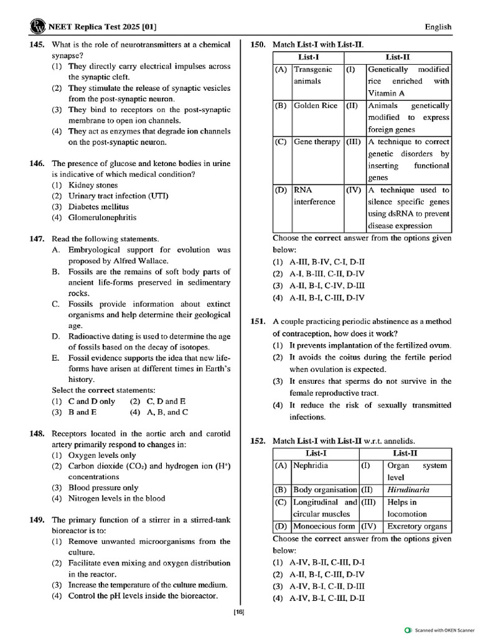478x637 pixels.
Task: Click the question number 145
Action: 36,45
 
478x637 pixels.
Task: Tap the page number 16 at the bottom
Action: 239,613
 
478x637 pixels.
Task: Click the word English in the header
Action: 438,27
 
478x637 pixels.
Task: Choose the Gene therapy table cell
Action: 317,142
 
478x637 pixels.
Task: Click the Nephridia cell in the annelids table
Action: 311,465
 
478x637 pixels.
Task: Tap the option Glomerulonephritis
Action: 103,218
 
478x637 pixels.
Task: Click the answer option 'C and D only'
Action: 91,401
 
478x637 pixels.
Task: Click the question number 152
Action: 258,441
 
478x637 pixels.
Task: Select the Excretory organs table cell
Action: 417,526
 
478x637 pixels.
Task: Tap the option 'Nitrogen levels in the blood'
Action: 116,498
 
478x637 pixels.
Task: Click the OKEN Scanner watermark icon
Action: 408,630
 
